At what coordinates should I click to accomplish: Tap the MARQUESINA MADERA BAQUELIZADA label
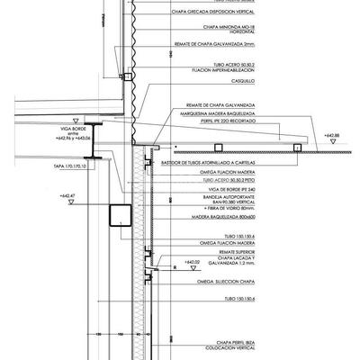[220, 112]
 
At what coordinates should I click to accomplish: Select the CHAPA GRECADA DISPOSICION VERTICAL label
[218, 13]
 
